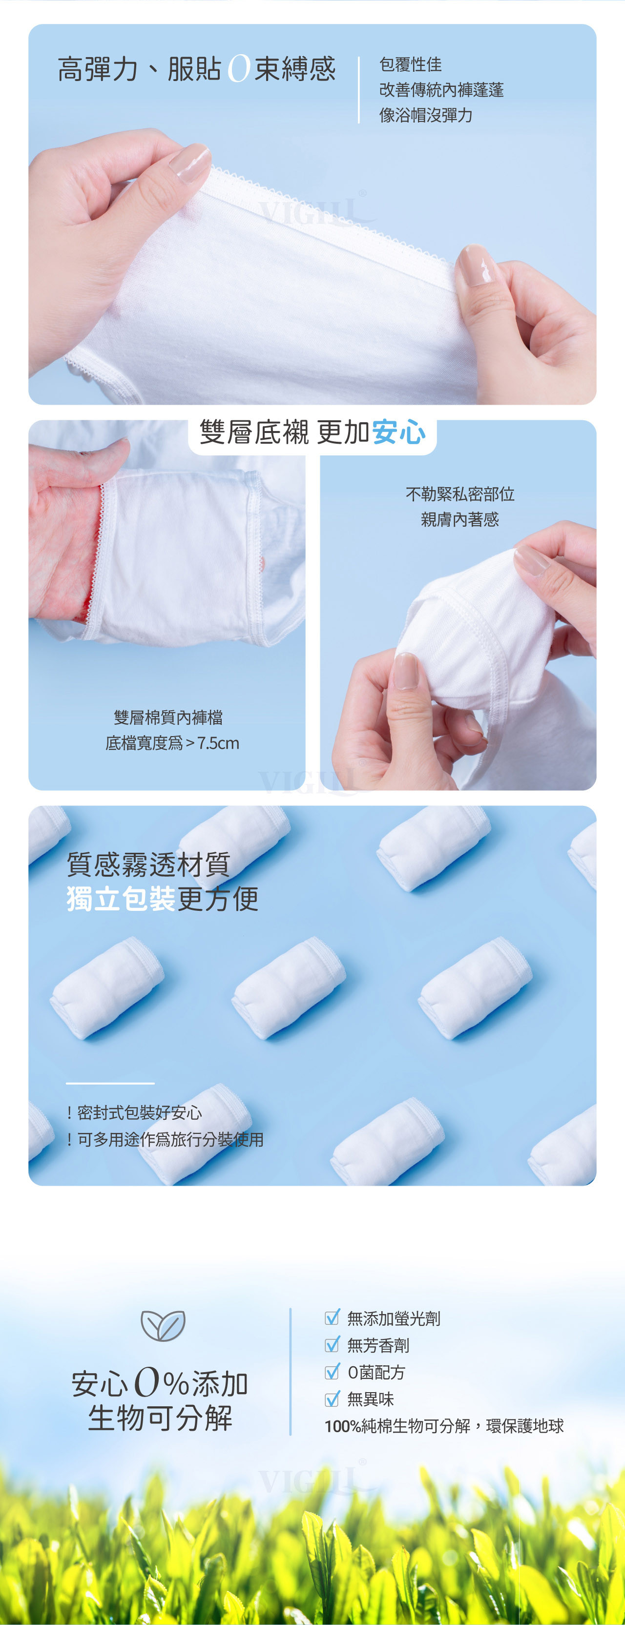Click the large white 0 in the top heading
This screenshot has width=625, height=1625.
click(239, 69)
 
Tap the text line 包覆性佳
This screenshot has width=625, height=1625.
click(410, 64)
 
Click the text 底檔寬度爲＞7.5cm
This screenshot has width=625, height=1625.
click(172, 743)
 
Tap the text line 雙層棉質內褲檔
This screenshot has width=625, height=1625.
click(168, 717)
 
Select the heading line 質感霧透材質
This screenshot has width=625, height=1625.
click(148, 864)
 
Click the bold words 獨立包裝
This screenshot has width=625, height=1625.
click(121, 899)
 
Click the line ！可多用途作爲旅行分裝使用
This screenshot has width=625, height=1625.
click(165, 1139)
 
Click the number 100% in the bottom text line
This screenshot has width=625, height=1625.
click(343, 1426)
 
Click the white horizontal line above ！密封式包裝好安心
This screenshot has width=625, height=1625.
click(110, 1083)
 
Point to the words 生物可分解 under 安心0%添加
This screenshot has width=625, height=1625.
click(160, 1418)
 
